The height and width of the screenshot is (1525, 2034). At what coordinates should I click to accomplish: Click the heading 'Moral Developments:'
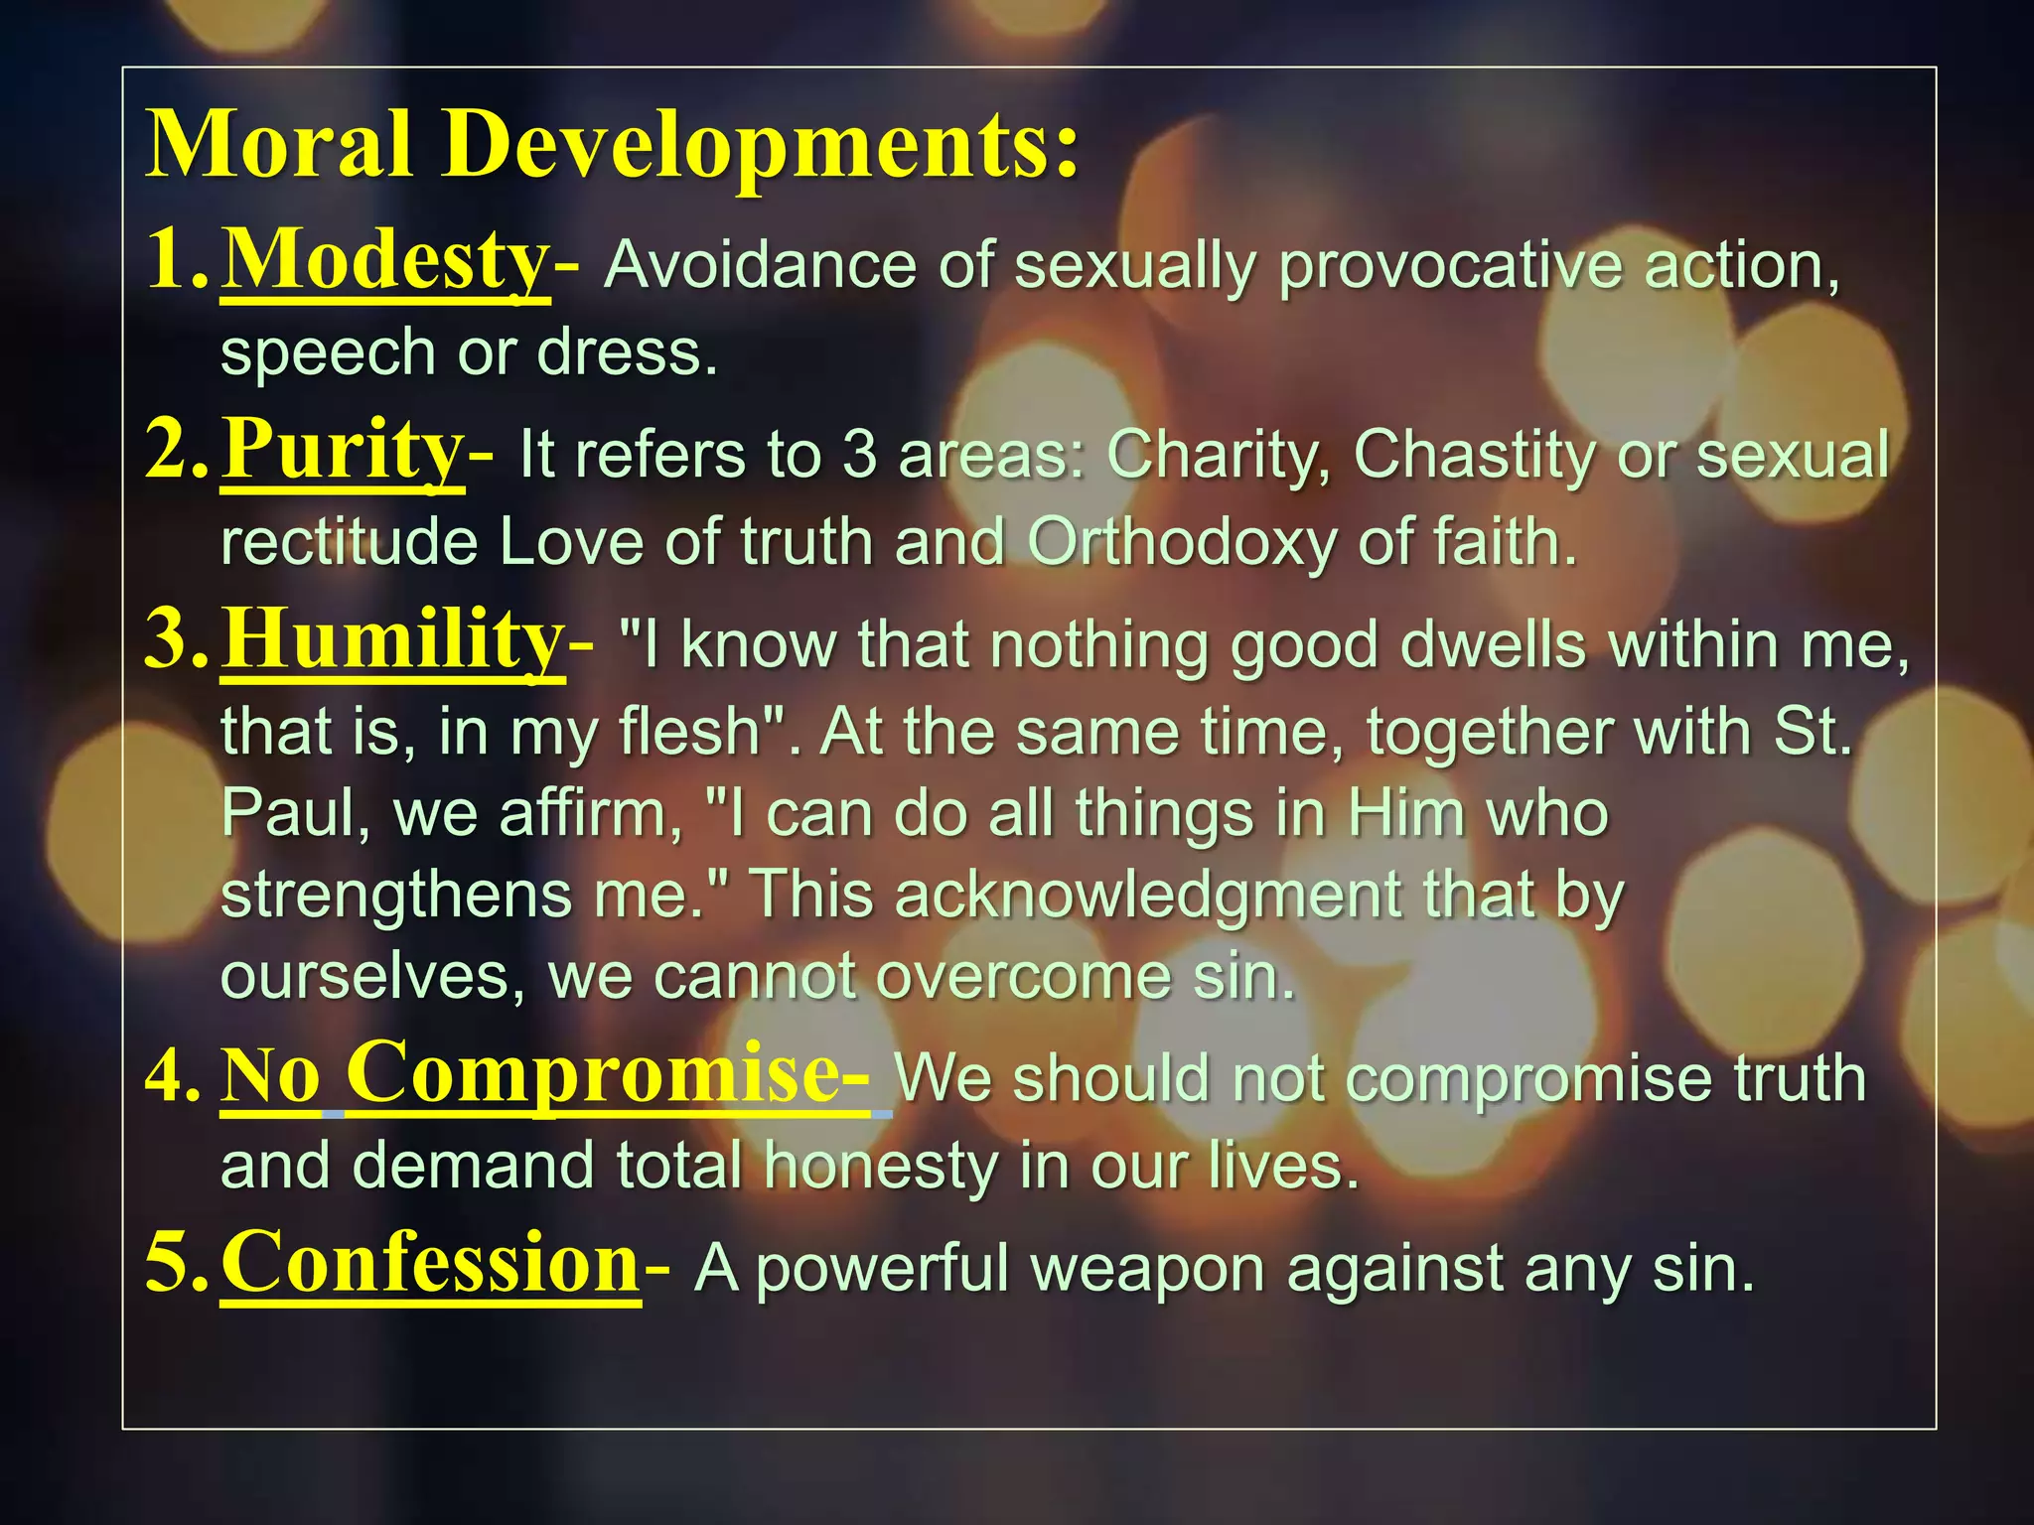tap(611, 145)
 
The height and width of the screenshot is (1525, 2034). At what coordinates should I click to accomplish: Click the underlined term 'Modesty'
tap(384, 260)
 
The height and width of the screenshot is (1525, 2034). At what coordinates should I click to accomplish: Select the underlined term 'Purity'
tap(342, 450)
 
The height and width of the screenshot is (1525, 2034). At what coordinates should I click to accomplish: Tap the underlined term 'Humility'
tap(392, 640)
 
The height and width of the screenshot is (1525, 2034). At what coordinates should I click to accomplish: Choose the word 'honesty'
tap(880, 1167)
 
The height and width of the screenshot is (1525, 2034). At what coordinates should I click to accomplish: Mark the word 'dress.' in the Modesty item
tap(627, 353)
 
